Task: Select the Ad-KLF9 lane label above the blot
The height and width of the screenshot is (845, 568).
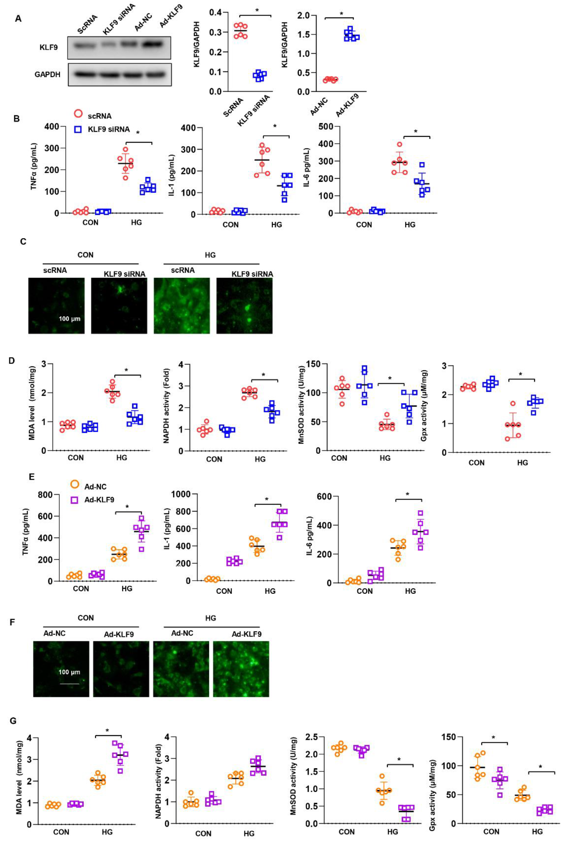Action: point(171,16)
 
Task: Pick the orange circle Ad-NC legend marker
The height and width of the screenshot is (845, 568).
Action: point(75,484)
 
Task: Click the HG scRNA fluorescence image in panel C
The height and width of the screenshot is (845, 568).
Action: point(181,305)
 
